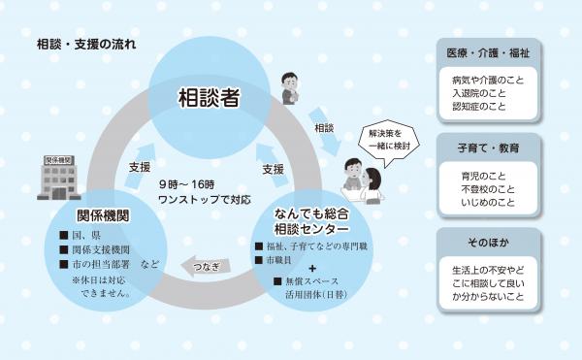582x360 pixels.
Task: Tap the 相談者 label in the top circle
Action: point(208,98)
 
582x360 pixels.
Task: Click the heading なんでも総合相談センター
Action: point(311,219)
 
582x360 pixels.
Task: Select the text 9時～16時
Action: point(189,182)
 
